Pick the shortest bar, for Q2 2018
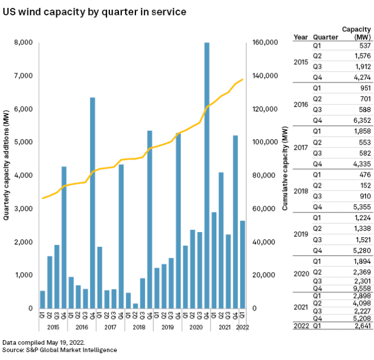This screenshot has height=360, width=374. pos(135,305)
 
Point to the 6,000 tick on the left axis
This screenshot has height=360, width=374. pos(23,109)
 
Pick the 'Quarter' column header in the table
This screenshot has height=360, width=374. pos(325,38)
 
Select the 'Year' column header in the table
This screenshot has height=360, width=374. pos(301,38)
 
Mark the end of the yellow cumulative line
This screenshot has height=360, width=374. pos(243,79)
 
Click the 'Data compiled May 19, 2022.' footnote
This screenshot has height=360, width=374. pos(42,343)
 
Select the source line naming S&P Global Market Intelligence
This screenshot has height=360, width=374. pos(60,350)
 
